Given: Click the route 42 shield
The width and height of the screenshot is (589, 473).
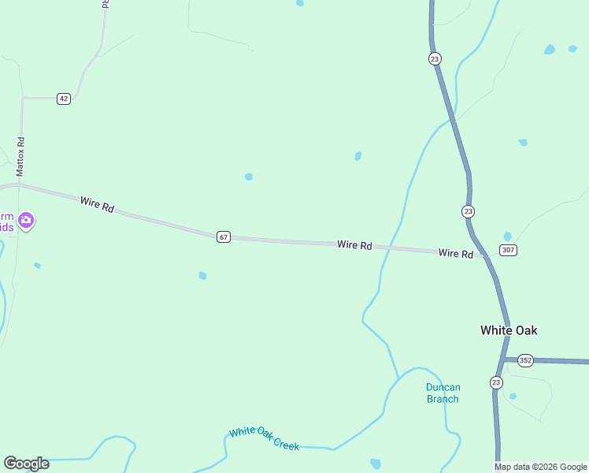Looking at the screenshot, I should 64,99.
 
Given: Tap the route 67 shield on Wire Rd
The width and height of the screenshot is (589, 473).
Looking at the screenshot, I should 224,236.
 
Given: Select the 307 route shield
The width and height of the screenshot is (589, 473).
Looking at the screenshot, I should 508,250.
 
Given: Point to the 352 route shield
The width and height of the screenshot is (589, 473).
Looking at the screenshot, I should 526,360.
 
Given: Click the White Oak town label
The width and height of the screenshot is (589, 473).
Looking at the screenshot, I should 509,330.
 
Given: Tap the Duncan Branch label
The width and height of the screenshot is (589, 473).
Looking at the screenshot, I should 443,393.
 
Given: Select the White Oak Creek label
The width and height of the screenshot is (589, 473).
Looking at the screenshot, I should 265,438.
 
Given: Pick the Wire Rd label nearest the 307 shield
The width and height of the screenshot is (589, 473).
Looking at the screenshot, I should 456,254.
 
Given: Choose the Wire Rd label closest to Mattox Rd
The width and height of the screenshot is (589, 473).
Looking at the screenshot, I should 97,205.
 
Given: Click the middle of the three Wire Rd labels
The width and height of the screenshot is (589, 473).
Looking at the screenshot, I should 354,245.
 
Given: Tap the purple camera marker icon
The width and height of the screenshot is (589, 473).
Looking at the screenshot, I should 26,220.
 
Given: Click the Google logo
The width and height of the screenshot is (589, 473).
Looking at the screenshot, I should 26,464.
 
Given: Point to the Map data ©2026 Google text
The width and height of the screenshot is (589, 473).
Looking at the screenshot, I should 540,467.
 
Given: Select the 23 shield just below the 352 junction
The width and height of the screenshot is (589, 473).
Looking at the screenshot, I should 496,382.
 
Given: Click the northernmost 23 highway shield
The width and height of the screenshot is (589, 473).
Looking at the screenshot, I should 435,59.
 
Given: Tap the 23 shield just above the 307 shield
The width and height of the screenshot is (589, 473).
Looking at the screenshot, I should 468,211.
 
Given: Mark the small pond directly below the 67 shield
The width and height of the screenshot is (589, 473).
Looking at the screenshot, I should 202,275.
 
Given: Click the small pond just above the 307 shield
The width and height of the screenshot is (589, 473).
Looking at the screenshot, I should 507,236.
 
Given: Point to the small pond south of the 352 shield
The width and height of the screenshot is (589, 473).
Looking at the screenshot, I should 513,396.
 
